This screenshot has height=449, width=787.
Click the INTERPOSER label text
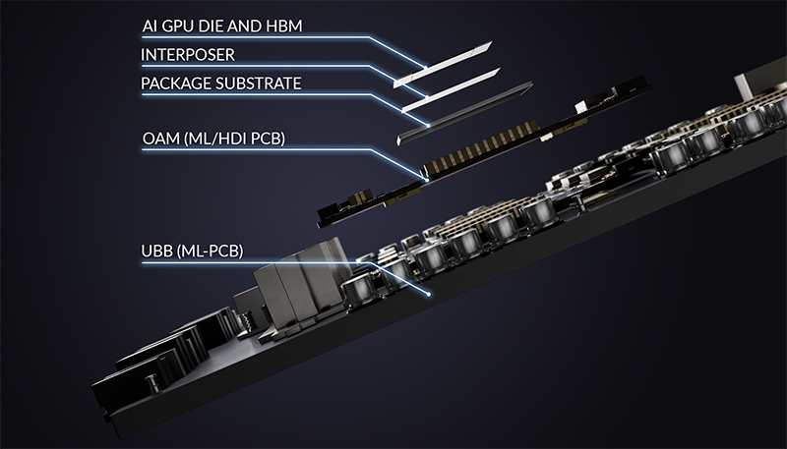click(189, 53)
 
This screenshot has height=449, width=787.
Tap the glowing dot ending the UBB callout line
click(432, 293)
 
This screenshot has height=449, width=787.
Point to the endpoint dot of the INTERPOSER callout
click(425, 94)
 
